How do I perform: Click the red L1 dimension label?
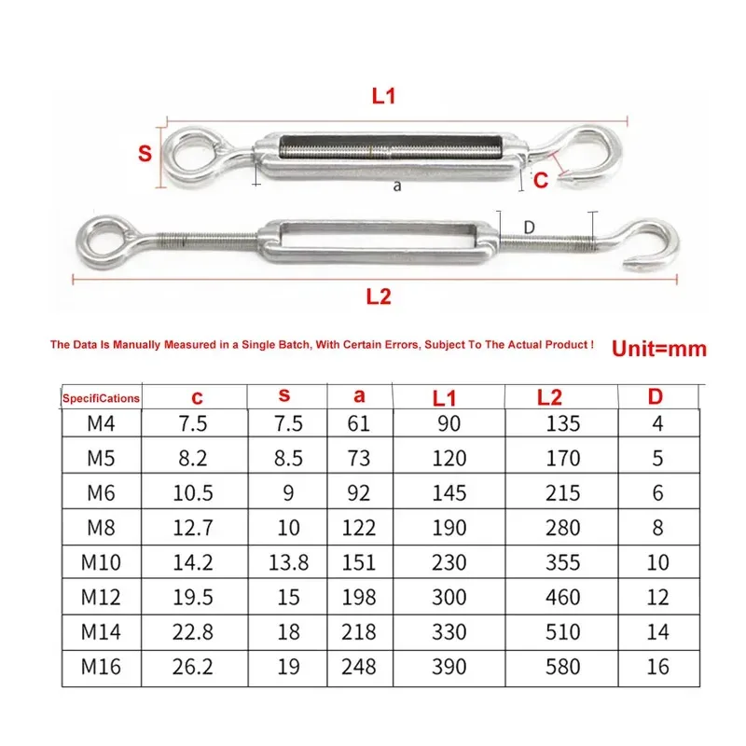tap(384, 95)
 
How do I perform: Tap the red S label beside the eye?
tap(145, 154)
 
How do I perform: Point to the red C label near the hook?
tap(541, 181)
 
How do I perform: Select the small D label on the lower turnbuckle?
tap(529, 227)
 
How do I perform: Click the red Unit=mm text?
tap(658, 350)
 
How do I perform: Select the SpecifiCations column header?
tap(101, 398)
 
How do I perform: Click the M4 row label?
tap(102, 424)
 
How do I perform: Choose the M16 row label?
tap(102, 666)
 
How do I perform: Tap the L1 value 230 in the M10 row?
tap(449, 562)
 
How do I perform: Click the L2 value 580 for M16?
tap(561, 666)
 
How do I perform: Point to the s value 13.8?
tap(289, 562)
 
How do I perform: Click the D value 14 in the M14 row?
tap(657, 631)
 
